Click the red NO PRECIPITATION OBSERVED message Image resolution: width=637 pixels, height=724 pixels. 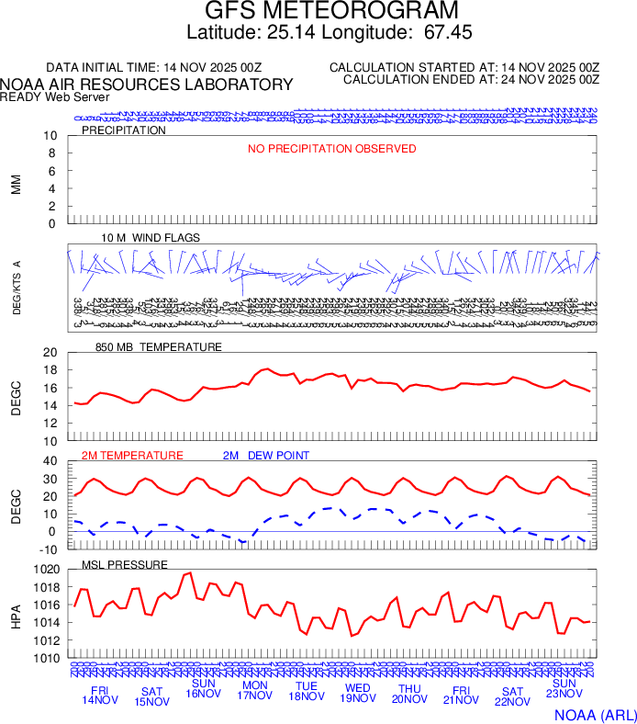point(332,149)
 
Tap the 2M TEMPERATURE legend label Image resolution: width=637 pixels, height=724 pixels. point(132,456)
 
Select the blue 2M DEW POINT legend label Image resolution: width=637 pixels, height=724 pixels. point(266,456)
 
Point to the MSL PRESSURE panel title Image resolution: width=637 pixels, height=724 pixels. point(125,564)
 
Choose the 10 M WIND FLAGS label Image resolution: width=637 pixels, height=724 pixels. point(151,238)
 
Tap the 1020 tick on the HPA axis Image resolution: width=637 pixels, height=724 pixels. point(47,570)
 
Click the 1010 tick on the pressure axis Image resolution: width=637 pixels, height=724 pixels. point(47,658)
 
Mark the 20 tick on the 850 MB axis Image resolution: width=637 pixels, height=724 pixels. point(50,353)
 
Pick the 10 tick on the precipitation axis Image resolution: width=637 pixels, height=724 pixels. point(50,136)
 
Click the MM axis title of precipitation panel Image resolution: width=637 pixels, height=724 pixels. point(16,184)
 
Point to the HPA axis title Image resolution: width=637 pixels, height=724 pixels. point(16,614)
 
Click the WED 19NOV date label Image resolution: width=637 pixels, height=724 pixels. point(357,695)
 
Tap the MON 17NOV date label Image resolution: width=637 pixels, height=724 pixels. point(254,695)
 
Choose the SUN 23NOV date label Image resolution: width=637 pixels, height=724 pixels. point(564,690)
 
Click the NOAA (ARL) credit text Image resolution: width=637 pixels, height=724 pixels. point(595,714)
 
